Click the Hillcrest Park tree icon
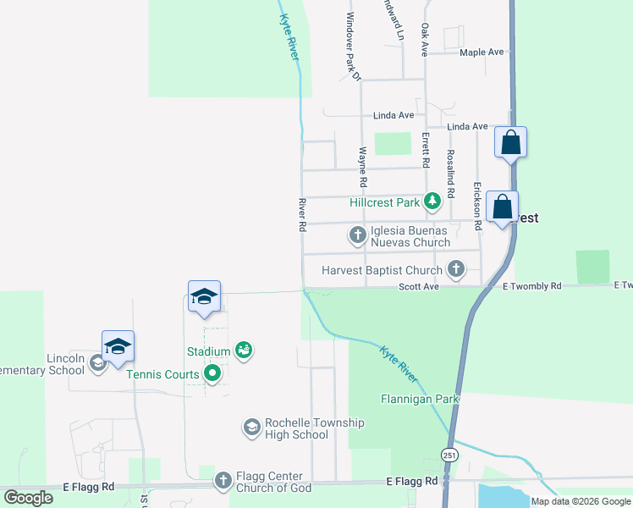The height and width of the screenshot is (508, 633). pyautogui.click(x=433, y=202)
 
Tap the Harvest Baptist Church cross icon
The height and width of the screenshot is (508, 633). pyautogui.click(x=456, y=269)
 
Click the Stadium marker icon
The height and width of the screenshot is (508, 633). pyautogui.click(x=244, y=350)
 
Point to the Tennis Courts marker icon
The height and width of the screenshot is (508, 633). pyautogui.click(x=212, y=373)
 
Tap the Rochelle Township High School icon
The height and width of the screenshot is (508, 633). pyautogui.click(x=251, y=428)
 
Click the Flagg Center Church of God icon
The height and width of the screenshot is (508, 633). pyautogui.click(x=223, y=481)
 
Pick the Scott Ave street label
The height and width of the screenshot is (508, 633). pyautogui.click(x=419, y=287)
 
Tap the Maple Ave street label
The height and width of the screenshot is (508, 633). pyautogui.click(x=482, y=52)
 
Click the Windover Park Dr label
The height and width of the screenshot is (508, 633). pyautogui.click(x=354, y=47)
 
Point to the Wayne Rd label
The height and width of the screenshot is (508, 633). pyautogui.click(x=362, y=167)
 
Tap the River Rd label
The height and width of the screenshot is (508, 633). pyautogui.click(x=301, y=215)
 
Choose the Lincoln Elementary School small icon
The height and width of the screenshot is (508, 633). pyautogui.click(x=97, y=363)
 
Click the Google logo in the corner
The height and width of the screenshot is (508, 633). pyautogui.click(x=28, y=497)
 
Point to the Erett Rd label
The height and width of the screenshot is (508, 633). pyautogui.click(x=426, y=149)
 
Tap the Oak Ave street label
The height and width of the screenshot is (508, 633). pyautogui.click(x=426, y=39)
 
